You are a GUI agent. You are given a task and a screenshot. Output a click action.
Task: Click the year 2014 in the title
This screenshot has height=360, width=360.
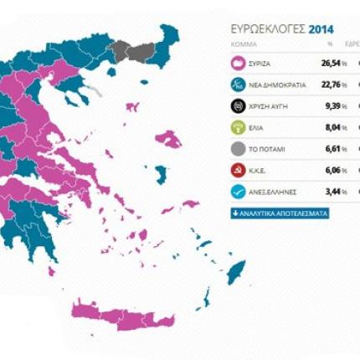coord(321,29)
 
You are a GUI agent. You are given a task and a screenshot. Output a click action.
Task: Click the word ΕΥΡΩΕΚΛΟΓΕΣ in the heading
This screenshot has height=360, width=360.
coord(268,29)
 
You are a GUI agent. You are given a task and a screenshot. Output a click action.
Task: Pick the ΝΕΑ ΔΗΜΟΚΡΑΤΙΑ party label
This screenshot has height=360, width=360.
coord(278,85)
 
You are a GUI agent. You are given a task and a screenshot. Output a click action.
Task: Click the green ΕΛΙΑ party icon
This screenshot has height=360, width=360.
coord(238,128)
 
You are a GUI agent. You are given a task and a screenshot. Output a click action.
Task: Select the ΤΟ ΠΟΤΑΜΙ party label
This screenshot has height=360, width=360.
coord(268,150)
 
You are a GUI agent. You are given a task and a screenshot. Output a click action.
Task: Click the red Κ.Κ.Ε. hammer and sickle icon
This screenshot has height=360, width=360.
coord(238,171)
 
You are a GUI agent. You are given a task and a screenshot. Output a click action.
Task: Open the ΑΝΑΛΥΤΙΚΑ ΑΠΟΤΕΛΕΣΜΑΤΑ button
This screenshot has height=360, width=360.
coord(280,213)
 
